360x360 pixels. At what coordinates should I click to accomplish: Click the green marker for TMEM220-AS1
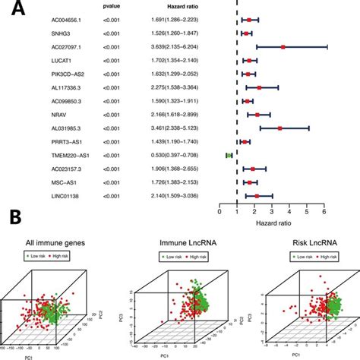(x=229, y=155)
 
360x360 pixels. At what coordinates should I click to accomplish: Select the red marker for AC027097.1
(x=283, y=46)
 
